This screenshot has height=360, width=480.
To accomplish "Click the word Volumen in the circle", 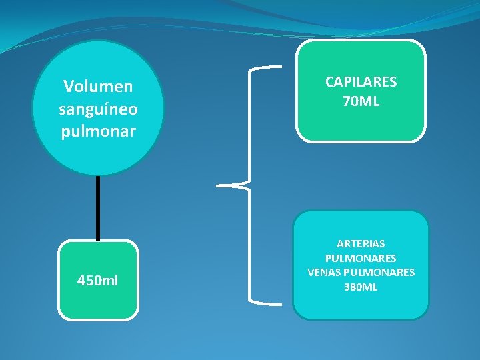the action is pyautogui.click(x=98, y=87).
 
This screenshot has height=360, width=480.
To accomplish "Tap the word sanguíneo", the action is pyautogui.click(x=98, y=109).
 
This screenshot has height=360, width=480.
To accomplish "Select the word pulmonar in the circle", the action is pyautogui.click(x=98, y=131).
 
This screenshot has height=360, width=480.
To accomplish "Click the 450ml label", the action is pyautogui.click(x=98, y=280).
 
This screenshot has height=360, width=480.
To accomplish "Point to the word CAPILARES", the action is pyautogui.click(x=361, y=82).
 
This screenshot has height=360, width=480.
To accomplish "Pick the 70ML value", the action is pyautogui.click(x=361, y=101).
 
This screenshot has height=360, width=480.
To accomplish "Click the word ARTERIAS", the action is pyautogui.click(x=361, y=244).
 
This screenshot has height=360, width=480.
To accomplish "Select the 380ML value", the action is pyautogui.click(x=361, y=287).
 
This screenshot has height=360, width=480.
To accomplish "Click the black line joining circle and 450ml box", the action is pyautogui.click(x=98, y=207).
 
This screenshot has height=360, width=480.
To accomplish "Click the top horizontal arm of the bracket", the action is pyautogui.click(x=267, y=67).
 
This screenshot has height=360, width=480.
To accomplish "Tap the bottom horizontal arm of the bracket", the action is pyautogui.click(x=267, y=299).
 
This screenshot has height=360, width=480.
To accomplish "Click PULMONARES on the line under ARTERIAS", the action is pyautogui.click(x=361, y=258).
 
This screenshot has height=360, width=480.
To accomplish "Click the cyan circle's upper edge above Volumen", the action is pyautogui.click(x=98, y=43).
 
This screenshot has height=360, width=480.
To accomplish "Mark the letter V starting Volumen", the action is pyautogui.click(x=68, y=87).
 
